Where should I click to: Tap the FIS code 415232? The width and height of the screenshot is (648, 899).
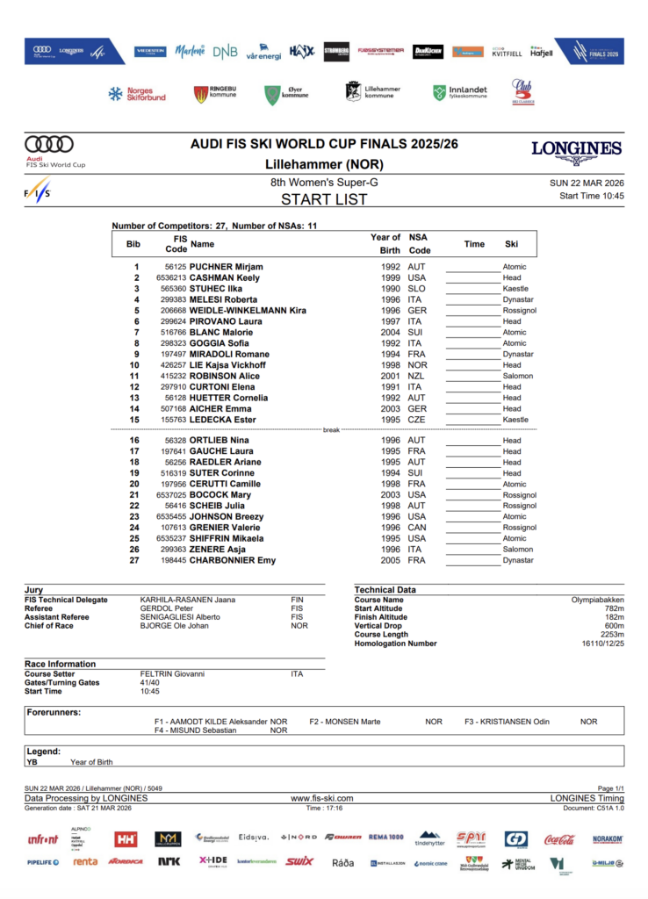coord(172,376)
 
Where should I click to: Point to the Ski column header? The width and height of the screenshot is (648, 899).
coord(511,244)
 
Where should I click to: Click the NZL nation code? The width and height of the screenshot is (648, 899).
coord(417,376)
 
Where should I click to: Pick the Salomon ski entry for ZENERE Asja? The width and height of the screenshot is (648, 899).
coord(517,550)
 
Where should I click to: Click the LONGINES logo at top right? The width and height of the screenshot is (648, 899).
coord(576,149)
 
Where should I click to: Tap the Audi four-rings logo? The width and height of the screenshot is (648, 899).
coord(48,144)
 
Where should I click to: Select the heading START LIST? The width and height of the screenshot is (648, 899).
coord(323,199)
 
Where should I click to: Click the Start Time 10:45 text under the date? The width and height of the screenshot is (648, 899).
coord(591,196)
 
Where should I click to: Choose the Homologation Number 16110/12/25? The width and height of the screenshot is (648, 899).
coord(602,644)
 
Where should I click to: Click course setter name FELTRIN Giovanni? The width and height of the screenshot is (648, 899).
coord(172,674)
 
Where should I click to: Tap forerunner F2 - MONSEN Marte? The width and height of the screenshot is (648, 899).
coord(344,722)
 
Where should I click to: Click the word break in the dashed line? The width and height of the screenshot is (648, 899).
coord(331,430)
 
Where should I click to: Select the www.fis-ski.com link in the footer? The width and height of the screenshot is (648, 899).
coord(321,798)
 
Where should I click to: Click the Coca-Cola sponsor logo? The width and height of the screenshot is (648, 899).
coord(559,839)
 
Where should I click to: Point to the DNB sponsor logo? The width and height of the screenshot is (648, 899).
coord(225,52)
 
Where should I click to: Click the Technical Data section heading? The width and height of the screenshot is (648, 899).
coord(385,590)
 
